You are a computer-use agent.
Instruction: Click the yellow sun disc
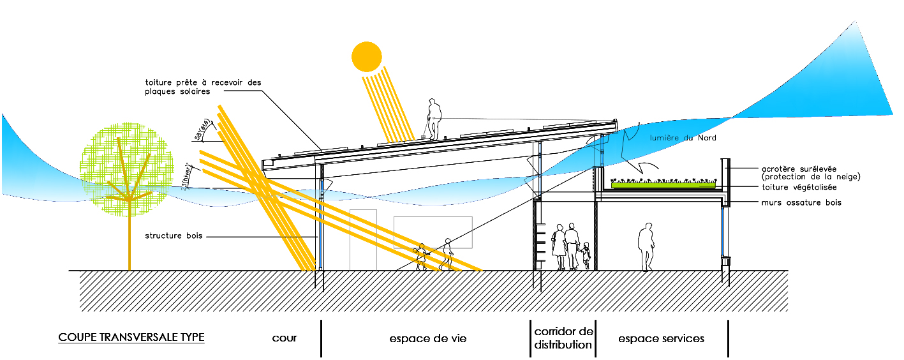point(367,56)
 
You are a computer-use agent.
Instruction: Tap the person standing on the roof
point(433,119)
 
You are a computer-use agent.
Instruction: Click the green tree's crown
point(128,163)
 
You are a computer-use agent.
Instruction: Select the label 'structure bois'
point(174,236)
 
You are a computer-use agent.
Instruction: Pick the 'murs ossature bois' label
point(801,202)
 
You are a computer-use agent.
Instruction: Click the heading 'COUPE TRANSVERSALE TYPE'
point(131,337)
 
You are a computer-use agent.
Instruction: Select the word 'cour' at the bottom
point(285,338)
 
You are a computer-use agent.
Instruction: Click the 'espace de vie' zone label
point(427,338)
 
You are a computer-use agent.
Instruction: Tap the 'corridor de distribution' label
point(563,338)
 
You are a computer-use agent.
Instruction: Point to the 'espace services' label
point(661,338)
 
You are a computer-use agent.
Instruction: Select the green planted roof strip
point(663,185)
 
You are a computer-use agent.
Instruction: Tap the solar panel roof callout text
point(203,87)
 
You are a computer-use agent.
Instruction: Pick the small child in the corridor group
point(586,255)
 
